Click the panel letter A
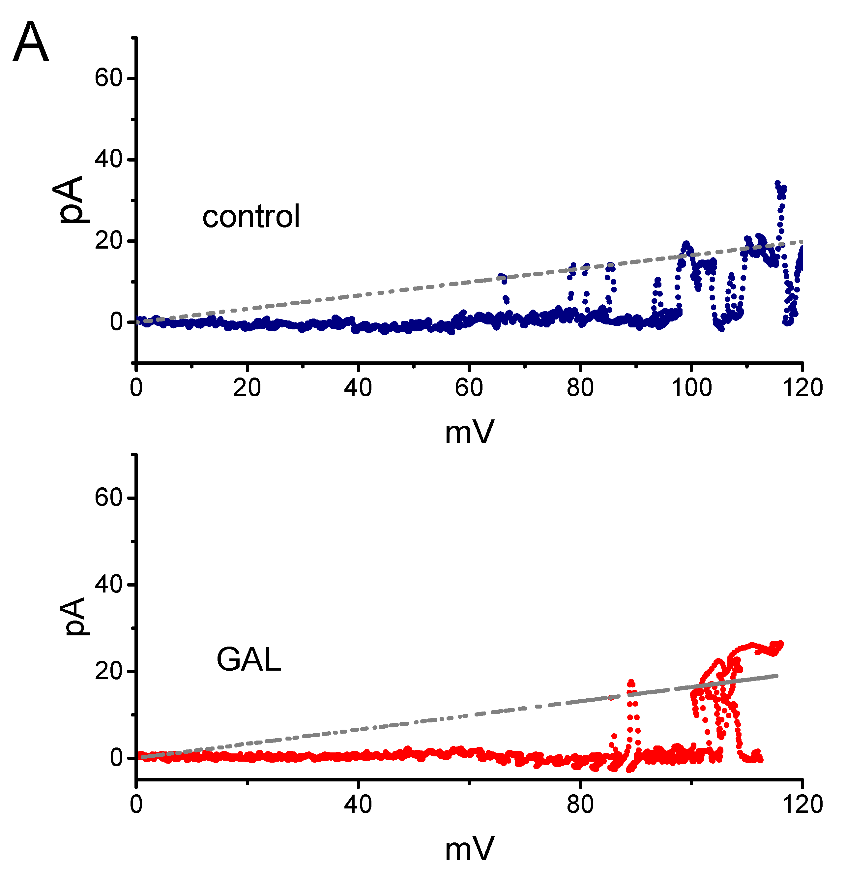[31, 43]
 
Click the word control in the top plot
[251, 217]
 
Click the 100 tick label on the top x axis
[691, 387]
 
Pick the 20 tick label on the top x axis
[247, 387]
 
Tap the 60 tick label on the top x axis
[469, 387]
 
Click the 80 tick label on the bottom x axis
[580, 804]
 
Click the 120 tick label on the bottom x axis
[802, 804]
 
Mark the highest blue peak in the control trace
[777, 183]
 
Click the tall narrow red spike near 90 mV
[631, 682]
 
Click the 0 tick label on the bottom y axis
[116, 758]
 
